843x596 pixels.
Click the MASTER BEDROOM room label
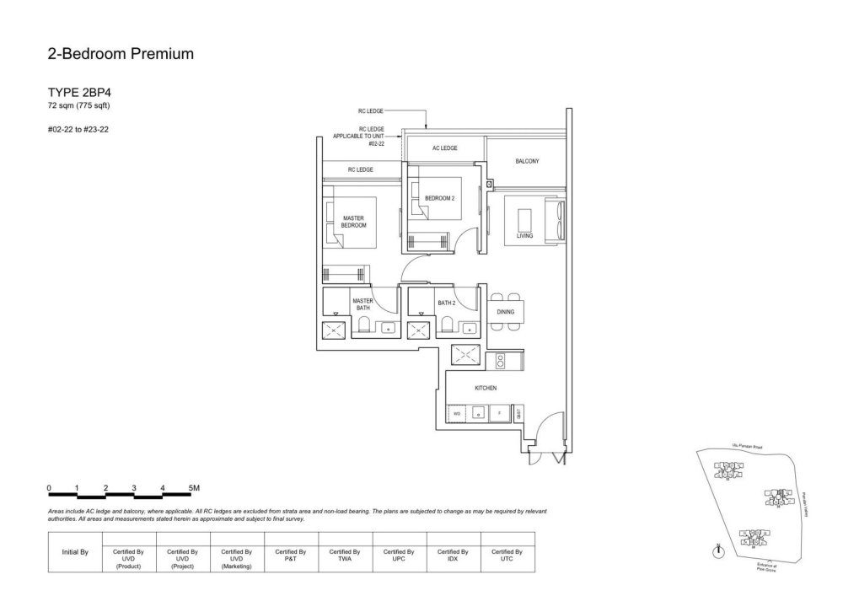click(x=354, y=222)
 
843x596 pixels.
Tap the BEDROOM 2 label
click(x=439, y=197)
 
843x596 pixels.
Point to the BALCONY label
click(x=527, y=160)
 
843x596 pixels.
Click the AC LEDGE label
click(x=444, y=148)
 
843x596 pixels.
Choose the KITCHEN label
click(x=486, y=388)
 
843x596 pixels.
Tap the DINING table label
click(x=517, y=312)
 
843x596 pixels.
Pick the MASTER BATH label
click(x=362, y=304)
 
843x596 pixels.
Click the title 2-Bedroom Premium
click(x=121, y=55)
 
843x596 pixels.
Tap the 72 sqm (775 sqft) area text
click(x=79, y=106)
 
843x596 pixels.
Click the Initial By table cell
click(x=76, y=553)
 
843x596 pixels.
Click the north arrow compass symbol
click(x=717, y=552)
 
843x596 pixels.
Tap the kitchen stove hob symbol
click(x=500, y=361)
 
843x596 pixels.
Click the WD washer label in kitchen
click(x=457, y=414)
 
